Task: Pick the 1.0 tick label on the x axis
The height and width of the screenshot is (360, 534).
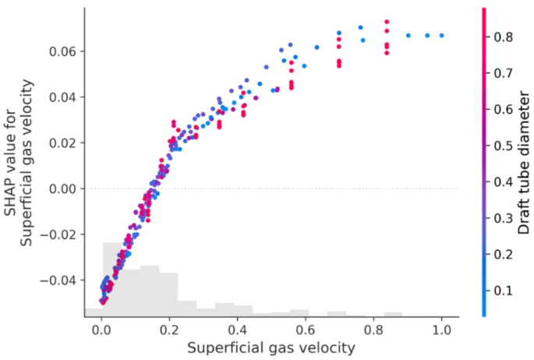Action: pos(442,330)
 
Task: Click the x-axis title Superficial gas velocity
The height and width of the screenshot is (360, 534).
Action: pos(271,347)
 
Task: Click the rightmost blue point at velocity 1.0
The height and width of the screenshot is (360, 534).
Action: pos(442,35)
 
